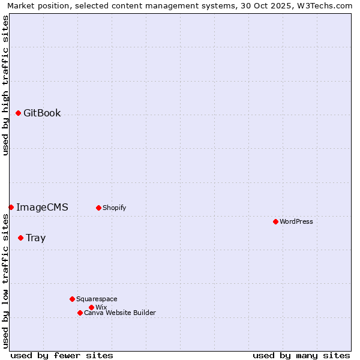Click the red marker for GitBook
(x=18, y=113)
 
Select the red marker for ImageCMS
(x=11, y=207)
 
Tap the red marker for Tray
(x=20, y=238)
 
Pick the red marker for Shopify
(x=98, y=208)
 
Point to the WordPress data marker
(x=275, y=221)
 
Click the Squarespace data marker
(x=72, y=299)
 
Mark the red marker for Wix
(x=91, y=307)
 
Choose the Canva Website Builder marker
(x=80, y=313)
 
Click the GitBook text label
(x=42, y=113)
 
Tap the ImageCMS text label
(x=42, y=207)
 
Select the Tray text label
(x=35, y=238)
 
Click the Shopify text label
(x=114, y=208)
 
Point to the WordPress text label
(x=296, y=221)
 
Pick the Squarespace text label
(x=97, y=299)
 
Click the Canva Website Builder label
(x=120, y=313)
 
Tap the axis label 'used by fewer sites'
(x=62, y=355)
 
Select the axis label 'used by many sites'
(x=301, y=355)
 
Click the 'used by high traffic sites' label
(x=5, y=85)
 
